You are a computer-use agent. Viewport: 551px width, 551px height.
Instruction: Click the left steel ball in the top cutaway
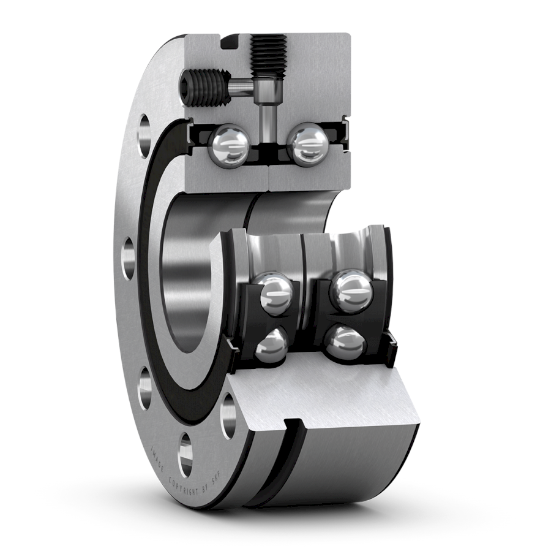click(229, 144)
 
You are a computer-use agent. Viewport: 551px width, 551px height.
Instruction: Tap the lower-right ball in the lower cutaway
click(345, 343)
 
